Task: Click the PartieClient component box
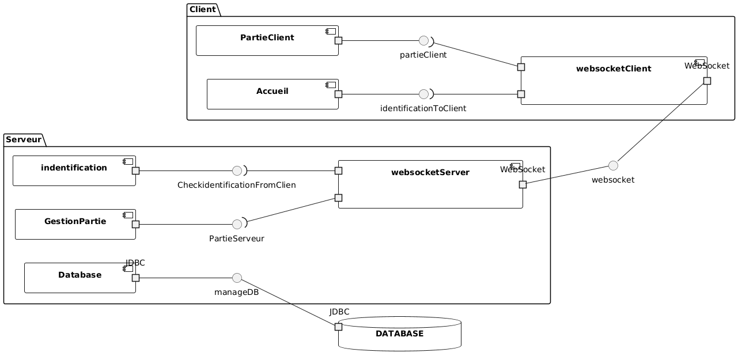coord(267,40)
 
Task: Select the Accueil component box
coord(272,94)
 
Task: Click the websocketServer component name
coord(430,172)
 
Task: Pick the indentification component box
coord(74,170)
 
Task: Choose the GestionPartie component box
coord(75,224)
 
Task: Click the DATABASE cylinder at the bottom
coord(399,334)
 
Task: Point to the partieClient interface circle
coord(424,41)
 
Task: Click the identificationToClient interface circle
coord(423,94)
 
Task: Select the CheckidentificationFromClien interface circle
coord(237,170)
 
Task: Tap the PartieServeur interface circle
coord(237,224)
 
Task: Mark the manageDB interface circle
coord(237,278)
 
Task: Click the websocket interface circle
coord(613,165)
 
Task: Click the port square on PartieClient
coord(338,40)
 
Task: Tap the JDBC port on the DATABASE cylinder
coord(338,327)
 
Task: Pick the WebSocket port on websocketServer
coord(523,184)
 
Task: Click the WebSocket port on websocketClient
coord(707,81)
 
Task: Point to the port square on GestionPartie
coord(135,224)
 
